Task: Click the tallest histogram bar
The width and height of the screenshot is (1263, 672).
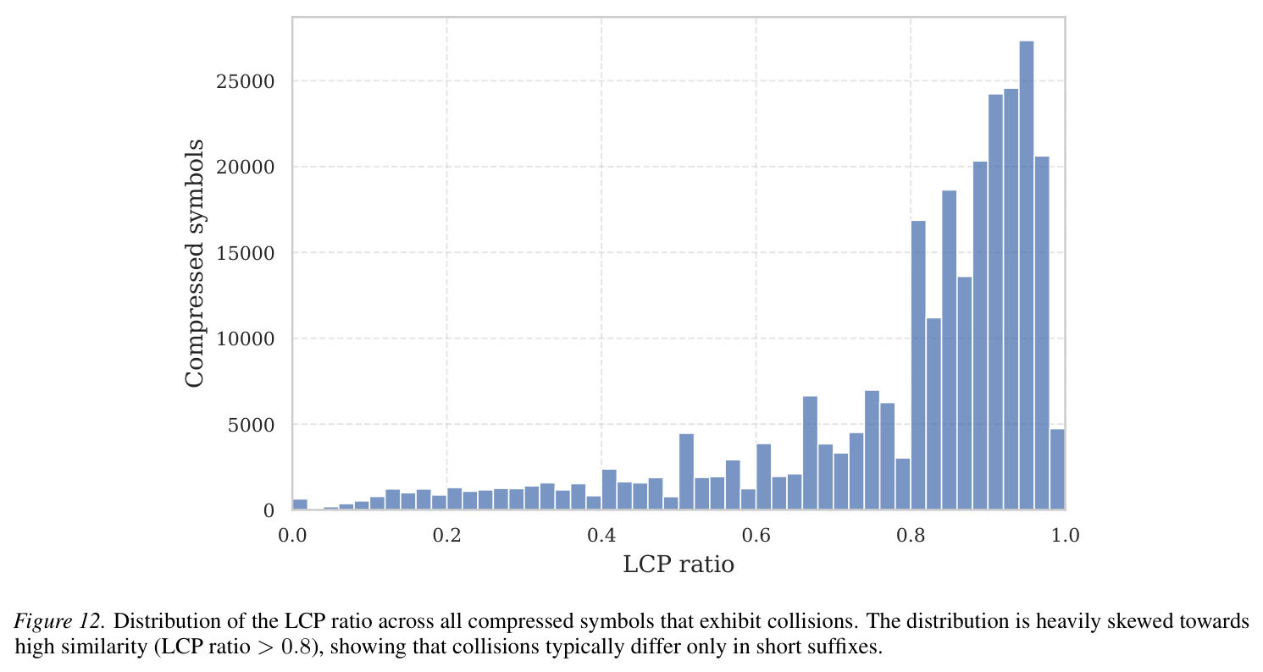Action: pos(1026,275)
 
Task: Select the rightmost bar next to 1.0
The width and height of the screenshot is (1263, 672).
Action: pos(1057,470)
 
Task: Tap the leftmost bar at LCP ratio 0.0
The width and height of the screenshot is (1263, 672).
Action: pos(300,504)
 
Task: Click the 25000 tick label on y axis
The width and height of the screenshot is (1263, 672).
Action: pos(246,82)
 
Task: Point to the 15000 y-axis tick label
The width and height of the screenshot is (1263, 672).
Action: pos(246,253)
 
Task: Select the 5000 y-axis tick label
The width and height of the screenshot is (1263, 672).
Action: pos(251,425)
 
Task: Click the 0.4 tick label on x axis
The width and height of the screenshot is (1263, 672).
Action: pos(601,535)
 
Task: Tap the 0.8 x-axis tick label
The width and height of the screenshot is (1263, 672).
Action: pos(911,535)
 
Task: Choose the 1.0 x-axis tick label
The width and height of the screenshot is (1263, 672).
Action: pos(1065,535)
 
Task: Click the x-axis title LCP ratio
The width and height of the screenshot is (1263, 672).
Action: pos(679,565)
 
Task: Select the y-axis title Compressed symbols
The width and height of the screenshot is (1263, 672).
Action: pos(194,263)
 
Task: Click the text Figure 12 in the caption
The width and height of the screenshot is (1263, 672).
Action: pos(59,621)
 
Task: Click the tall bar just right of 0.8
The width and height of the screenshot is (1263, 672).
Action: pos(918,366)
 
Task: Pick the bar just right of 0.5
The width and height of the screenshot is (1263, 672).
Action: pos(686,472)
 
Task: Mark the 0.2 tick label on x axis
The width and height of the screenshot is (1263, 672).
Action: pos(447,535)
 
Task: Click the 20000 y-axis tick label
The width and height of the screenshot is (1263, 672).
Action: pos(246,168)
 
